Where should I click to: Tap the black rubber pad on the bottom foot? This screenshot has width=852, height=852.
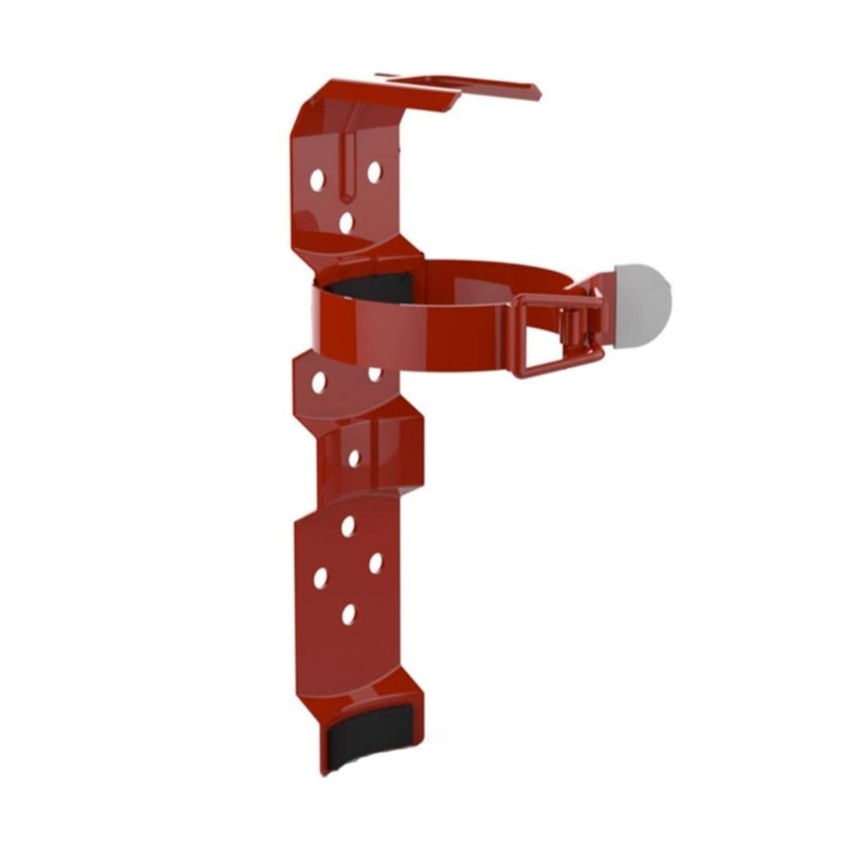[368, 738]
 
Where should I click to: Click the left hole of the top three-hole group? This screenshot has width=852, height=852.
[317, 180]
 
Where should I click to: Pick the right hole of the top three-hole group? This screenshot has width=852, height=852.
[374, 172]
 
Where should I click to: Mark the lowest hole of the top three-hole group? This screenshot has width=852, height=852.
[346, 222]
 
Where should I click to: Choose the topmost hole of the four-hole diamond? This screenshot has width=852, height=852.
[348, 526]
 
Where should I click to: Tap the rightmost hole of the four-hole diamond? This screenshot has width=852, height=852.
[376, 562]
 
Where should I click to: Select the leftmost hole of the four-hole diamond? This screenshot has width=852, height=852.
[320, 578]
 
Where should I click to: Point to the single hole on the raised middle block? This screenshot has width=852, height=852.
[354, 458]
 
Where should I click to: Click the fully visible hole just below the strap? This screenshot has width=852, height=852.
[319, 383]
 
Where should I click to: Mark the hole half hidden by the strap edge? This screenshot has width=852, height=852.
[375, 373]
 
